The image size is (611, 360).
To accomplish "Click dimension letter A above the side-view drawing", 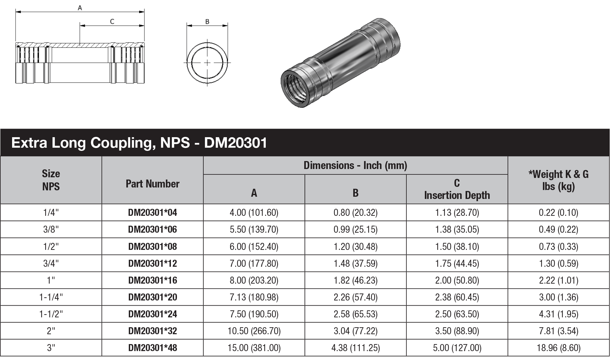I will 80,8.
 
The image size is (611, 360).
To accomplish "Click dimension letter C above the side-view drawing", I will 112,21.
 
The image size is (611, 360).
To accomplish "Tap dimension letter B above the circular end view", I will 207,22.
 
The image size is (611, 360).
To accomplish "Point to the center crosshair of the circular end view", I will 207,63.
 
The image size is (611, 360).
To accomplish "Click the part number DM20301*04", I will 152,213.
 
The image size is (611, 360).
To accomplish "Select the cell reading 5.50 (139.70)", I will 254,229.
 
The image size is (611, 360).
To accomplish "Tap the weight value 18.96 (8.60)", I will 558,348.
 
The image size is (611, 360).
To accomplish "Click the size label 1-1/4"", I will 51,297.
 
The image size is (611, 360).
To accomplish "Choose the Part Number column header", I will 152,184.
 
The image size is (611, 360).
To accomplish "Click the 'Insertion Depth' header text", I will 457,195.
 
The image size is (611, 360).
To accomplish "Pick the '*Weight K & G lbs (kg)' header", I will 558,180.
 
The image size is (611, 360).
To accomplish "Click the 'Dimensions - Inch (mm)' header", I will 355,166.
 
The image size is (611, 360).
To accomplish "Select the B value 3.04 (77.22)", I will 355,331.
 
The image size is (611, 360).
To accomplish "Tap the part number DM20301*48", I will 152,348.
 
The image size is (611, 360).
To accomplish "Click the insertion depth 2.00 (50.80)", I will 457,280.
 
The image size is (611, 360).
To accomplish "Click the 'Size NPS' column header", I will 51,180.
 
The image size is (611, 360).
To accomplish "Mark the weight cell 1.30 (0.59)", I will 558,264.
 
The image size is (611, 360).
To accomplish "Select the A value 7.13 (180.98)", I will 254,297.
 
